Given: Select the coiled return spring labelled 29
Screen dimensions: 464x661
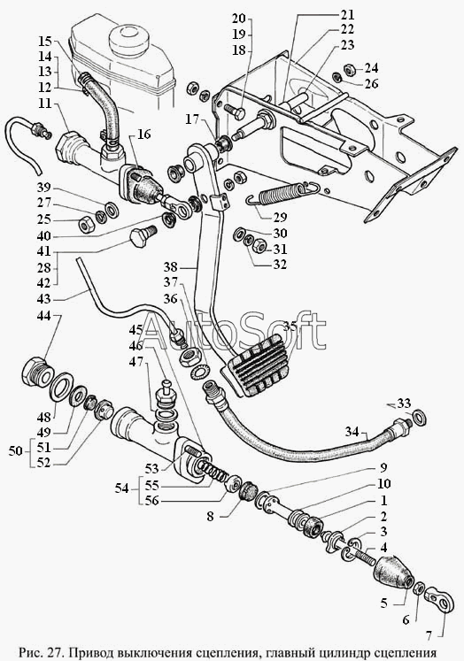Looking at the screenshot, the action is pos(282,192).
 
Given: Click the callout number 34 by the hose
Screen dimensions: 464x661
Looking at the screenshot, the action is pos(352,432).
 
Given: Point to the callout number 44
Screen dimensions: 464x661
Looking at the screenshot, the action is pos(44,316).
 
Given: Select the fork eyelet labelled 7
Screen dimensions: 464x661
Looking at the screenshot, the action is pos(439,599).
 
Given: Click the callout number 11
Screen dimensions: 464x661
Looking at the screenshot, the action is pos(44,104).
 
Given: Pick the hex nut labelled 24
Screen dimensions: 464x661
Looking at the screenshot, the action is pos(349,68).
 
